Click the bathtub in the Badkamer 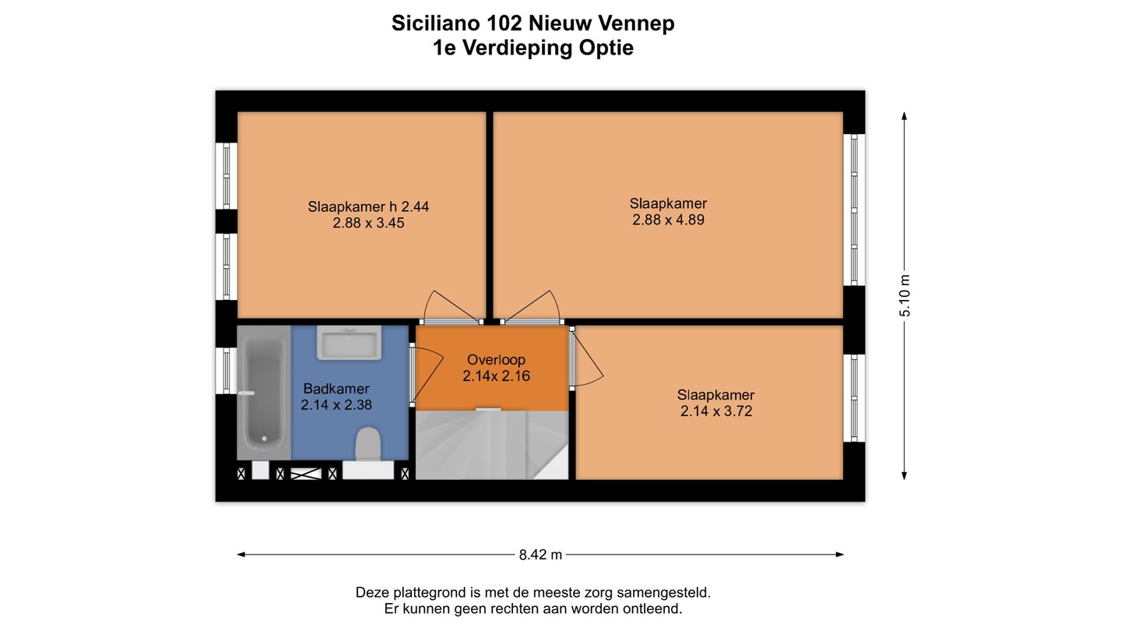tap(264, 392)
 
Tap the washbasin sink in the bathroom tap(349, 343)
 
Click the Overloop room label tap(496, 360)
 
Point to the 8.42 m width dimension tap(540, 555)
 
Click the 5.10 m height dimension tap(905, 295)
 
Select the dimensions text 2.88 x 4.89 tap(668, 220)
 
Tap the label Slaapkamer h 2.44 tap(368, 207)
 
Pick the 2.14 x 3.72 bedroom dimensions tap(716, 411)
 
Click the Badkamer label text tap(336, 389)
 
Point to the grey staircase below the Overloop tap(492, 445)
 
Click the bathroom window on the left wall tap(227, 371)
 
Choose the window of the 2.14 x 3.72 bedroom tap(854, 398)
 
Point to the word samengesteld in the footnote tap(663, 593)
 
